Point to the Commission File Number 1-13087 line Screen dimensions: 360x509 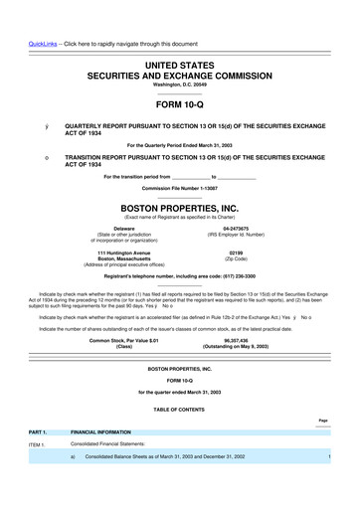click(x=180, y=188)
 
